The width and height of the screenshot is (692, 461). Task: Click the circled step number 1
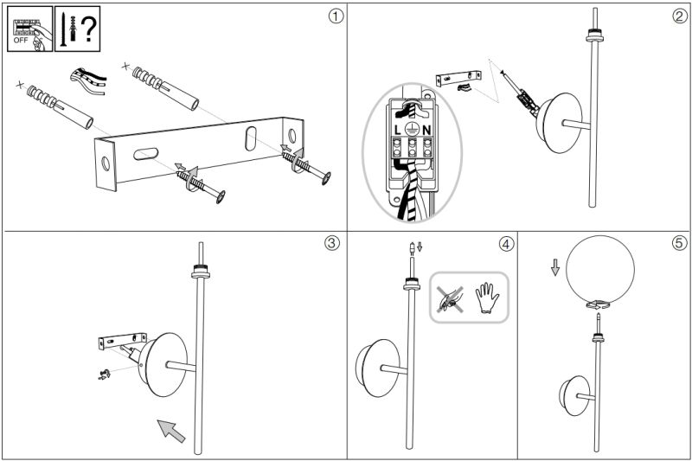click(336, 16)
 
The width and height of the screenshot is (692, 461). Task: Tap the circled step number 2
click(680, 16)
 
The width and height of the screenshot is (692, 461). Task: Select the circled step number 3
click(332, 243)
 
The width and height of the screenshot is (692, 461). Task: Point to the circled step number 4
click(507, 243)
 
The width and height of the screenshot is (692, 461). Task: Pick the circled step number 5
click(680, 243)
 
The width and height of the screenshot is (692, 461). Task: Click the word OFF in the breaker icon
click(21, 40)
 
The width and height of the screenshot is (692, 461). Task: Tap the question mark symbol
click(89, 29)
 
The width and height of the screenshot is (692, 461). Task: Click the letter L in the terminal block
click(398, 130)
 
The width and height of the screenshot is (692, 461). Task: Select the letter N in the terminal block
click(426, 130)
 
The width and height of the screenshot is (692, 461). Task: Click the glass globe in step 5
click(600, 271)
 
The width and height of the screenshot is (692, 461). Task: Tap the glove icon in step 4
click(487, 298)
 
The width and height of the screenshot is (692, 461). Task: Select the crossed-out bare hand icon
click(450, 299)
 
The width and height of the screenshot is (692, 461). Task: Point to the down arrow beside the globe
click(555, 267)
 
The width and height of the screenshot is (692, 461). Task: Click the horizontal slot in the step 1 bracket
click(146, 153)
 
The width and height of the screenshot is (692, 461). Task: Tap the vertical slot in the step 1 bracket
click(251, 138)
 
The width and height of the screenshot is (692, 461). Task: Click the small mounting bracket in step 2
click(458, 78)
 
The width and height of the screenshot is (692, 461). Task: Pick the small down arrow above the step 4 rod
click(420, 247)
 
